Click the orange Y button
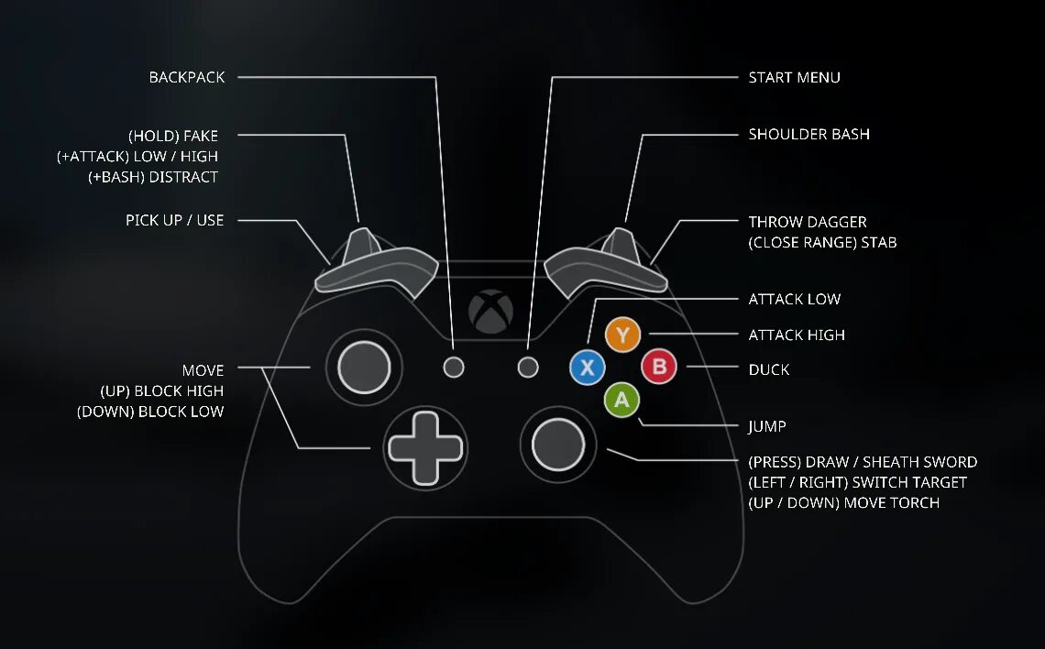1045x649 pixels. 623,335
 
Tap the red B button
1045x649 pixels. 658,368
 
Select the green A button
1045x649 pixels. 622,400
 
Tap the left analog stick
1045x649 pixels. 364,368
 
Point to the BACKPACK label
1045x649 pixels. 187,77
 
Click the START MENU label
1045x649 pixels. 794,77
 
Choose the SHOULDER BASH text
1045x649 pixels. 808,134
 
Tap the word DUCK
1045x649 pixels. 768,369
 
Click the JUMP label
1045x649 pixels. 767,426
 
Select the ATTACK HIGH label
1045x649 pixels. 797,335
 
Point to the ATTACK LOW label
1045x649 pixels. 794,300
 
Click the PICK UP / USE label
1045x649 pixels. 174,220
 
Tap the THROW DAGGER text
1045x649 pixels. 807,222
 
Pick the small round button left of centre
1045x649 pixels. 454,368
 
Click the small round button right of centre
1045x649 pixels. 527,368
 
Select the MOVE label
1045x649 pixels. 203,370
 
